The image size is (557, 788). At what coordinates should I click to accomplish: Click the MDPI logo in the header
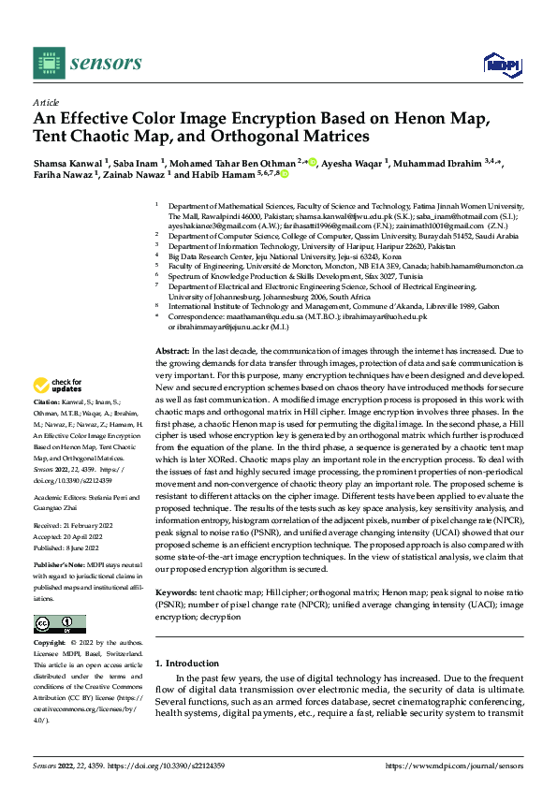[x=496, y=63]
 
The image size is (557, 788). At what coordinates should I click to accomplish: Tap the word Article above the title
[x=46, y=102]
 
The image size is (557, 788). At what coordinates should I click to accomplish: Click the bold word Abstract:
[x=171, y=349]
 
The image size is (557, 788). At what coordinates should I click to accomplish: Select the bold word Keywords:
[x=176, y=593]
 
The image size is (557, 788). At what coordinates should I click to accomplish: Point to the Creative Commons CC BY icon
[x=59, y=624]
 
